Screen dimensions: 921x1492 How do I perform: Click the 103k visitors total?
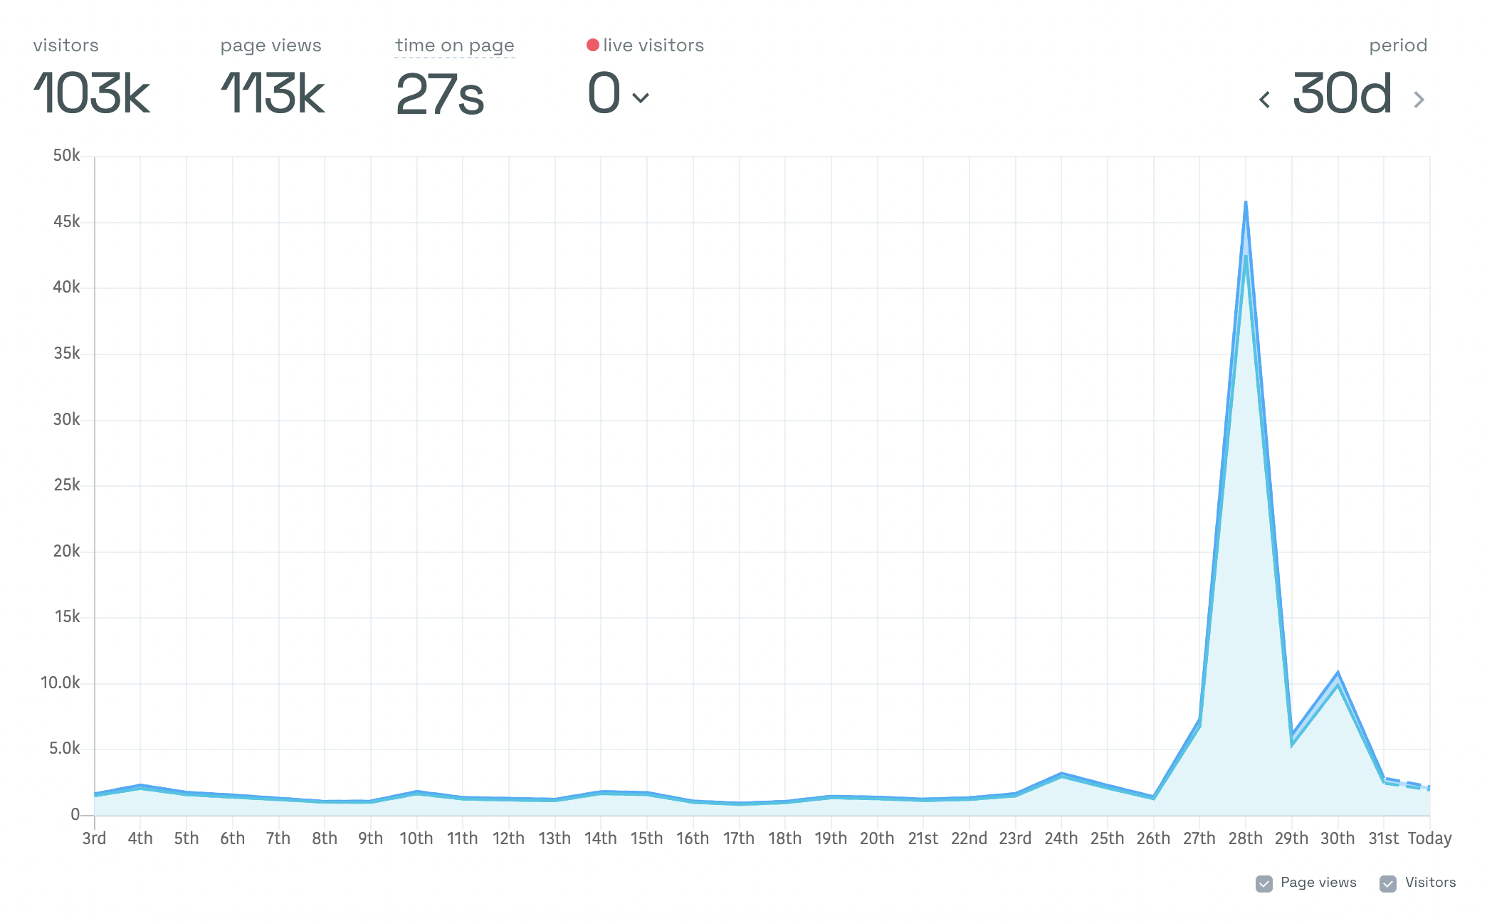pos(92,93)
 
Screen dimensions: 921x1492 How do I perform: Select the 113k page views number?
pos(273,93)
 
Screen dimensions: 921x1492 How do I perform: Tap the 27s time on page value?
pos(440,95)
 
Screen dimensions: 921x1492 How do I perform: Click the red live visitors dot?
pos(592,45)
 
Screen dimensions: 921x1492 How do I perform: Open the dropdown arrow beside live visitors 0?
pos(641,98)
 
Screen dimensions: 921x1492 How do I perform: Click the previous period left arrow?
pos(1264,100)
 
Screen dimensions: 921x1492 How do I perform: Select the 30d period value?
pos(1342,93)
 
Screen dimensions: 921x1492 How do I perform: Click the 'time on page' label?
pos(455,46)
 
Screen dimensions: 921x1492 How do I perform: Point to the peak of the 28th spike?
pos(1246,202)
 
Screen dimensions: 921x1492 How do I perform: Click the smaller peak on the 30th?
pos(1338,673)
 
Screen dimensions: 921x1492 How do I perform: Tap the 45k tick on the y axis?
pos(67,222)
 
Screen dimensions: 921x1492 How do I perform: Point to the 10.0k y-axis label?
pos(61,683)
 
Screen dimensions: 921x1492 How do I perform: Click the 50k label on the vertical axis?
pos(67,156)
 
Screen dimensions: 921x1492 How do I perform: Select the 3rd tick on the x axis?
pos(95,838)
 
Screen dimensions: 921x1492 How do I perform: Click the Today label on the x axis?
pos(1429,838)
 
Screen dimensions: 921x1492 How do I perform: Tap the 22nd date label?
pos(969,838)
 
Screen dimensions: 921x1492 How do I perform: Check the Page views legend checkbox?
pos(1264,883)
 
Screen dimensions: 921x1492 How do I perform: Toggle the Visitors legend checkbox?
pos(1388,883)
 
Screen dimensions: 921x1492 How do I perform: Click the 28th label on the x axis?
pos(1246,838)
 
